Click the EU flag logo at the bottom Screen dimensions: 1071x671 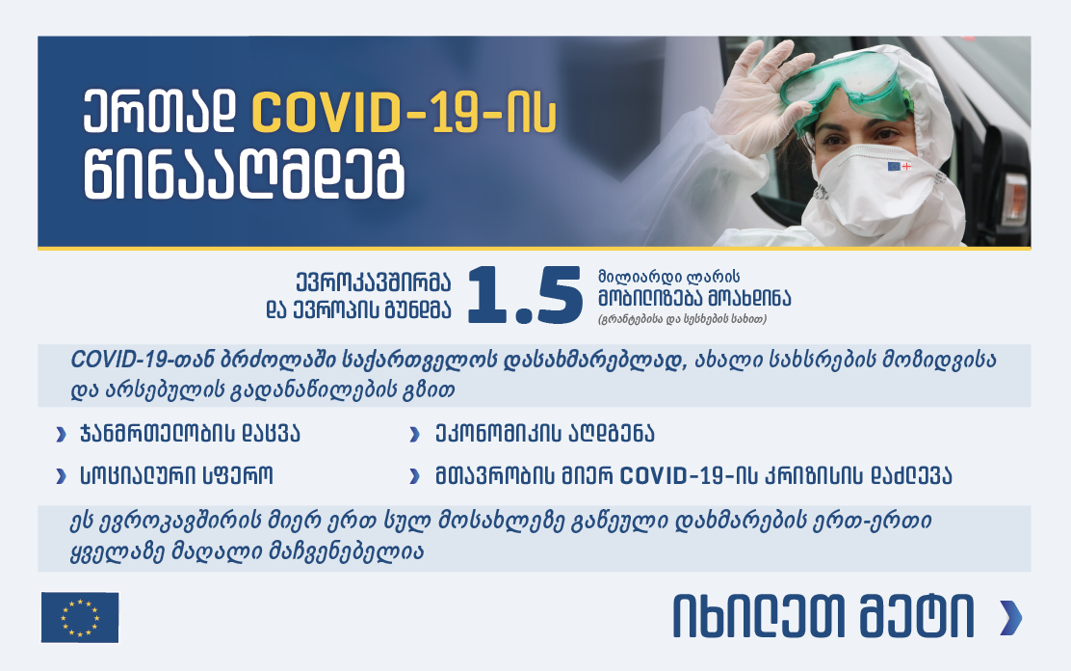pyautogui.click(x=80, y=618)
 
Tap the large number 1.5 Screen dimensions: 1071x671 pyautogui.click(x=525, y=295)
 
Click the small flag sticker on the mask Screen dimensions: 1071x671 pyautogui.click(x=899, y=166)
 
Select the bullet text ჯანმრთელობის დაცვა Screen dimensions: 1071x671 pyautogui.click(x=190, y=434)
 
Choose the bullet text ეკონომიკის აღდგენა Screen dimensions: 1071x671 pyautogui.click(x=544, y=434)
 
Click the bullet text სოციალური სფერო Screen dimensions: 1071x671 pyautogui.click(x=176, y=475)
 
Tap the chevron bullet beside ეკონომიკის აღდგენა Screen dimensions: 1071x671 pyautogui.click(x=414, y=435)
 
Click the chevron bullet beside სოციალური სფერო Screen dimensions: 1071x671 pyautogui.click(x=61, y=476)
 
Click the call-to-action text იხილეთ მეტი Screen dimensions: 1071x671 pyautogui.click(x=823, y=617)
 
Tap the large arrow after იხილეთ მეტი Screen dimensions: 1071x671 pyautogui.click(x=1011, y=618)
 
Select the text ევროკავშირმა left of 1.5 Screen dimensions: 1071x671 pyautogui.click(x=373, y=282)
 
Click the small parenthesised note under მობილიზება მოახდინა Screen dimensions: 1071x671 pyautogui.click(x=682, y=319)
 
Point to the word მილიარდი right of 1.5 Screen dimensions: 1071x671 pyautogui.click(x=640, y=277)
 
